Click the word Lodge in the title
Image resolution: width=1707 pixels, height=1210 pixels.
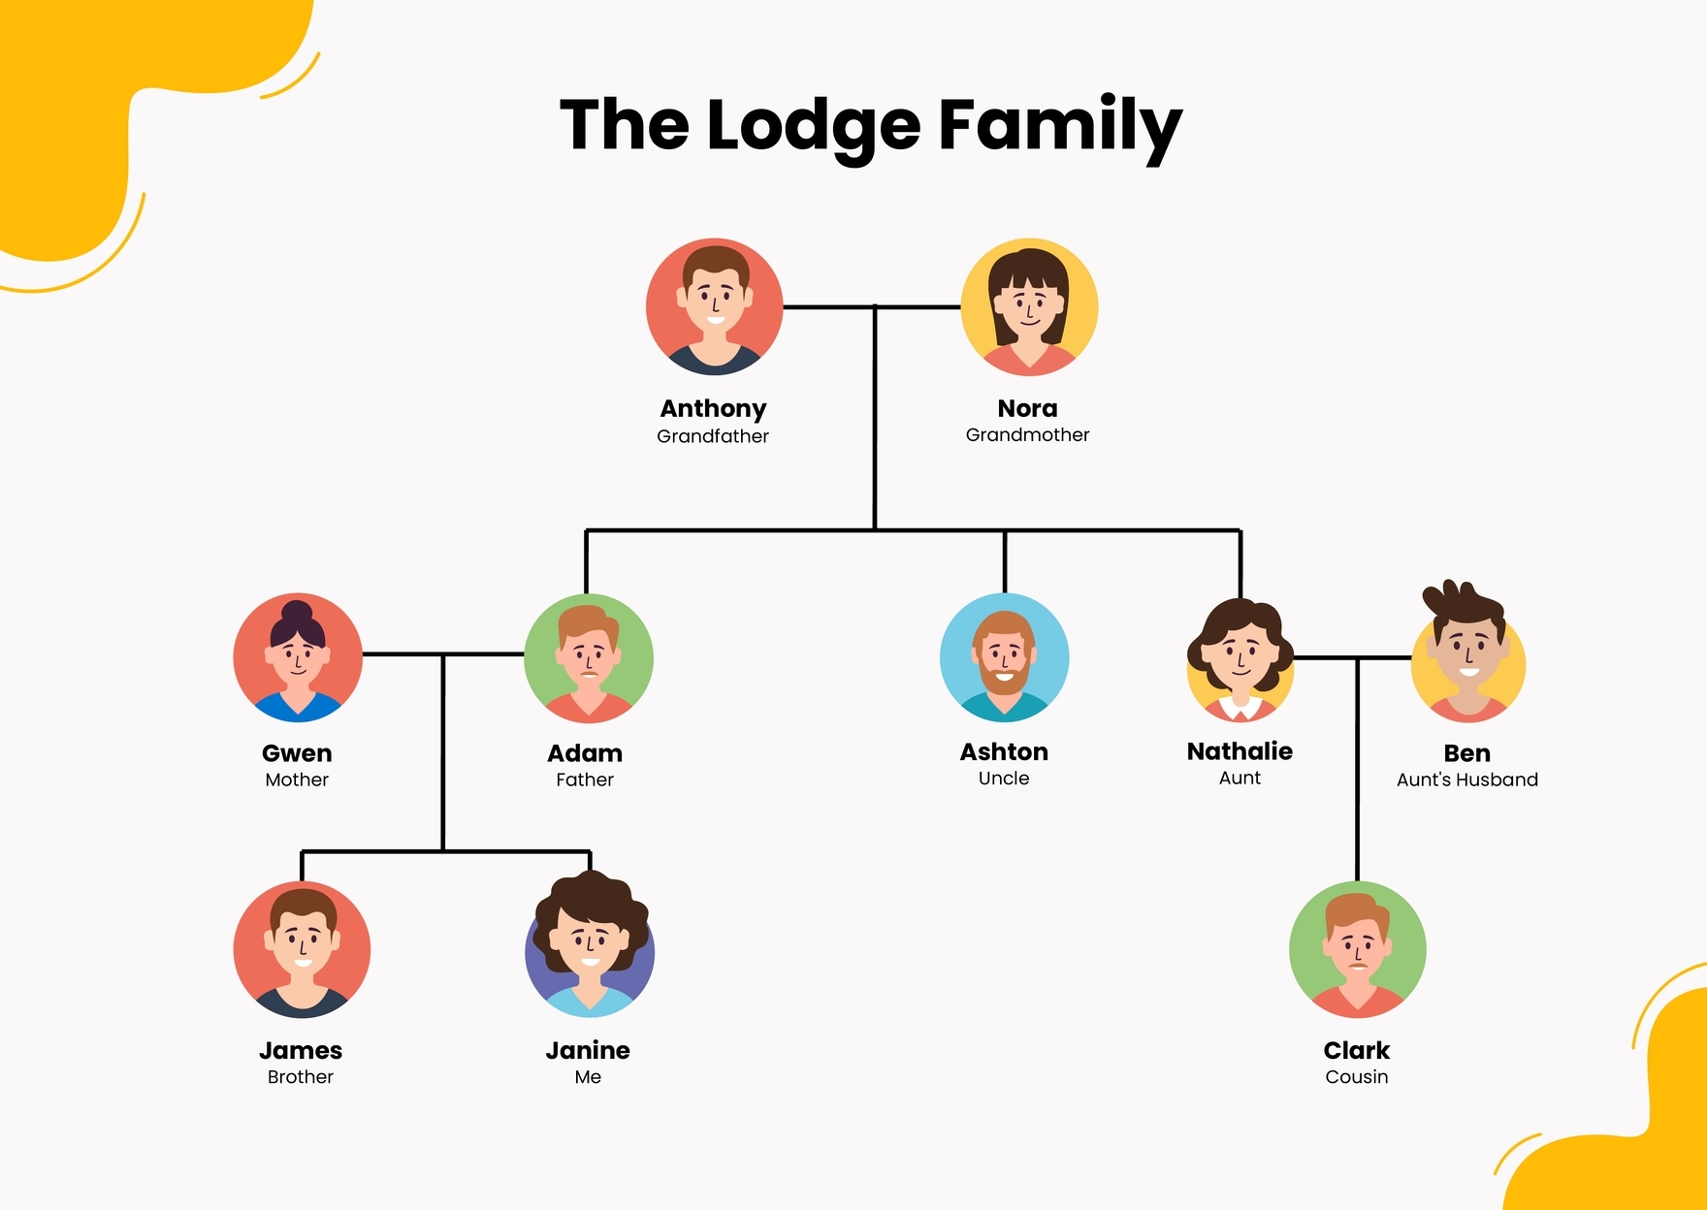[813, 126]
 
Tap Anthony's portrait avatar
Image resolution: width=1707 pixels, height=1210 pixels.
[715, 307]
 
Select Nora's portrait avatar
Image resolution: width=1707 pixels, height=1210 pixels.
[1029, 307]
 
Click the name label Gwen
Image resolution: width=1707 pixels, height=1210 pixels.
[297, 753]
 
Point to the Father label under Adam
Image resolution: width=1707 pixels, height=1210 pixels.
[585, 780]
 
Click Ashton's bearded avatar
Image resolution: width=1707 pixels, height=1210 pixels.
[1005, 657]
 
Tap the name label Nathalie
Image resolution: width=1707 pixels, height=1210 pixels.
[1240, 751]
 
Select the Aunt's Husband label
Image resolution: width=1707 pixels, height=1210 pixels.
[1467, 780]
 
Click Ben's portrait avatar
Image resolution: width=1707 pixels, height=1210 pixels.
[1468, 659]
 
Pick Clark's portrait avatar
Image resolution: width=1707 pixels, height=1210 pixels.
[1357, 949]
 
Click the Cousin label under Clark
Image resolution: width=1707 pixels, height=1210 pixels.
[1357, 1076]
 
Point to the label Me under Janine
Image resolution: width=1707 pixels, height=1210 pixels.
[588, 1076]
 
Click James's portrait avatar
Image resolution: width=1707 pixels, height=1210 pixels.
[302, 949]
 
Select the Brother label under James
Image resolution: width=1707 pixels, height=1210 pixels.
[301, 1076]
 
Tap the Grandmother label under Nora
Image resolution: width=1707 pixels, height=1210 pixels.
[1028, 435]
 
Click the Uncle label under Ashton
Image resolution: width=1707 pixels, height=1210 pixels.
[1004, 778]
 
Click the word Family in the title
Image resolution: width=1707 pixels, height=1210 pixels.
[1060, 126]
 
